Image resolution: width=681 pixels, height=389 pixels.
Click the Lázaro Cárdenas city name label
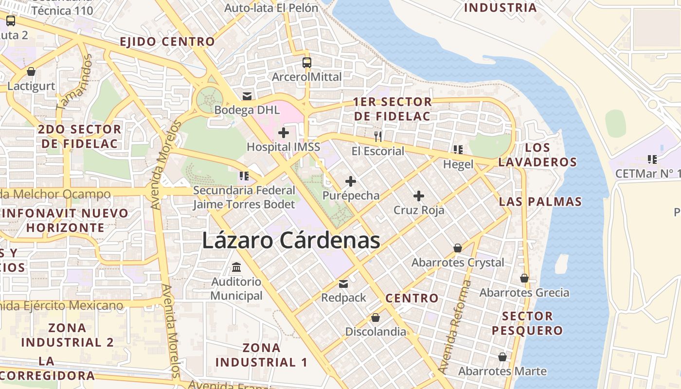290,241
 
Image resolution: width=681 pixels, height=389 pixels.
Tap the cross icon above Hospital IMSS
283,132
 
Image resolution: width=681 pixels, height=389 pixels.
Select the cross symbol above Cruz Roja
419,196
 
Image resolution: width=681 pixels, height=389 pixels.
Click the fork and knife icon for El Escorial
378,137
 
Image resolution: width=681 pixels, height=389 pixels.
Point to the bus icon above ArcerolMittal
307,62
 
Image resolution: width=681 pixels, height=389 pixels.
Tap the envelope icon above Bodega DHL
247,96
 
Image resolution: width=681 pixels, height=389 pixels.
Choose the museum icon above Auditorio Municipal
236,267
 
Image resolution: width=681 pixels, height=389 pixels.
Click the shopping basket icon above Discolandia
376,318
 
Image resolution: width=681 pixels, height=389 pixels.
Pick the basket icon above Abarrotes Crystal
458,248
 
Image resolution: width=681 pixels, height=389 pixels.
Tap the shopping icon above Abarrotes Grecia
524,278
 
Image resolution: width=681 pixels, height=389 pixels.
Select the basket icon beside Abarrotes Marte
502,357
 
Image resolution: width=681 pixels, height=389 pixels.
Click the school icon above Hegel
458,150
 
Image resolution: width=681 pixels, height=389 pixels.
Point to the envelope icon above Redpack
343,283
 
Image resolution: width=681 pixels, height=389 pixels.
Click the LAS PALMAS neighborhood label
540,201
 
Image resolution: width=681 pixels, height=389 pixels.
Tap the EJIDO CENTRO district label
167,41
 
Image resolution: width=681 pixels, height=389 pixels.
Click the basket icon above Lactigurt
31,72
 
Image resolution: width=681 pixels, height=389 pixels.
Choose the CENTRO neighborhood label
412,298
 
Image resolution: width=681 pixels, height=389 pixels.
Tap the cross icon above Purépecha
350,181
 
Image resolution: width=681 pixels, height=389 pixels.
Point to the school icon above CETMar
652,159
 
